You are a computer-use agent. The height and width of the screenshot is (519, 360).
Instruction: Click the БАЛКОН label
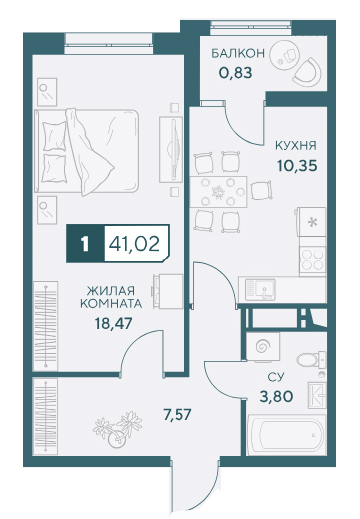[238, 53]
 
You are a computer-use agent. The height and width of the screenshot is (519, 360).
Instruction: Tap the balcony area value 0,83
[236, 72]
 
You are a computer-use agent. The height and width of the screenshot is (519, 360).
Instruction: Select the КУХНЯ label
[296, 146]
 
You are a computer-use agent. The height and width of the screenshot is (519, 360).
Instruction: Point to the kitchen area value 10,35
[297, 165]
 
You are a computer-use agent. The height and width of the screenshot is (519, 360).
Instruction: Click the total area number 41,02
[134, 244]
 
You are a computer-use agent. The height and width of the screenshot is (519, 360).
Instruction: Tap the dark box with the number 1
[86, 244]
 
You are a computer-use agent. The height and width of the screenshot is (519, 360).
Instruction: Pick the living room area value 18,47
[114, 323]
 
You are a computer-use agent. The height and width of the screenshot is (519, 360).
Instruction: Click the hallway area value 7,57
[178, 415]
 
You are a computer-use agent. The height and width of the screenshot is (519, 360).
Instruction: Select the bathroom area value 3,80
[276, 396]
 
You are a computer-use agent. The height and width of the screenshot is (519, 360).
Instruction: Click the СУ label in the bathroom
[276, 377]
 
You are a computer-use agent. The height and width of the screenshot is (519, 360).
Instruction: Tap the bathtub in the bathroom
[286, 434]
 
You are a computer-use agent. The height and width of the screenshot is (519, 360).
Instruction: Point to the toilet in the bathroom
[311, 359]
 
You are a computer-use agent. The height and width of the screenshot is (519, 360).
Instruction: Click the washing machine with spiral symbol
[263, 346]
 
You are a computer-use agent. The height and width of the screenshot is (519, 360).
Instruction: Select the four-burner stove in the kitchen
[312, 259]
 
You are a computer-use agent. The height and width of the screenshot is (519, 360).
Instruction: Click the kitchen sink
[261, 289]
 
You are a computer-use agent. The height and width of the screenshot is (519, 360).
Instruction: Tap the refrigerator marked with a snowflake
[312, 222]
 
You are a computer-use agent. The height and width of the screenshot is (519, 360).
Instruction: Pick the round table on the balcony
[285, 56]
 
